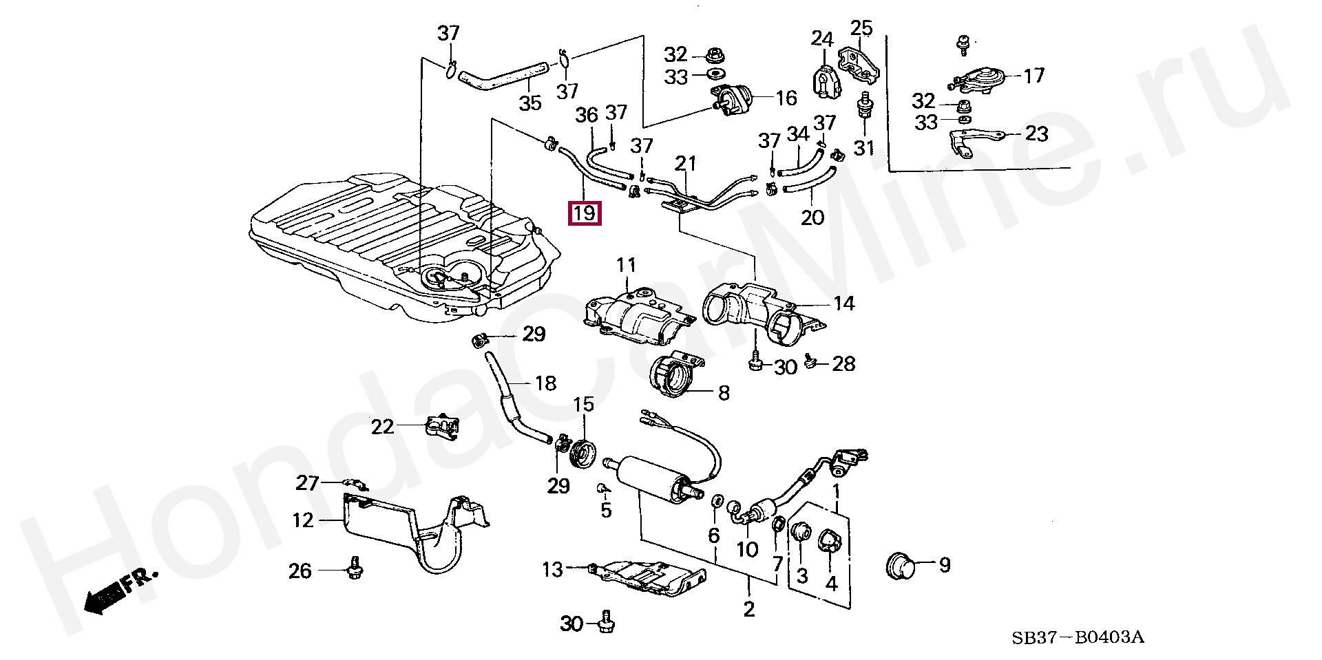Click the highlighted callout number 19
coord(584,213)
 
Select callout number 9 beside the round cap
coord(945,565)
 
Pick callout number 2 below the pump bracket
coord(749,608)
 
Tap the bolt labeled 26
coord(355,568)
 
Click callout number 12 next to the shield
coord(303,520)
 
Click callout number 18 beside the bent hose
coord(545,383)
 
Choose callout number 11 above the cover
coord(627,265)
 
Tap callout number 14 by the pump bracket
coord(843,303)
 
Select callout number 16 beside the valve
coord(786,98)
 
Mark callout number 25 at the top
coord(861,29)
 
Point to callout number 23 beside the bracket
coord(1036,133)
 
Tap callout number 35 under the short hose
coord(529,104)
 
